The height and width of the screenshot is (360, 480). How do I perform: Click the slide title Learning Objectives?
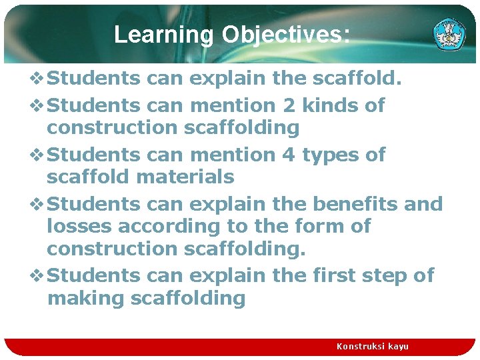coord(231,35)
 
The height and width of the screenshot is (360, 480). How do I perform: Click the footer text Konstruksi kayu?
coord(372,346)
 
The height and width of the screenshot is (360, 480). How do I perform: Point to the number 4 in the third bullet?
coord(288,155)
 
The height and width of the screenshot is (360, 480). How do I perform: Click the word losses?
coord(79,227)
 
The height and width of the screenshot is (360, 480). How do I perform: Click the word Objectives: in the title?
coord(285,35)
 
